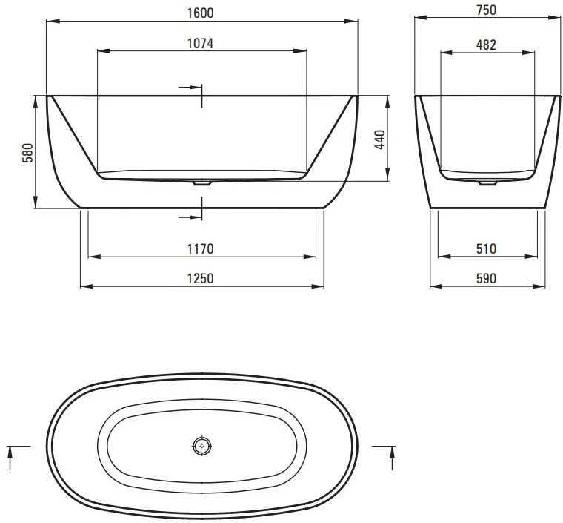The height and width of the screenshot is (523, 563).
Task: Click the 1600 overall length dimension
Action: coord(200,13)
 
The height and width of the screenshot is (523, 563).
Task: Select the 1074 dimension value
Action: coord(200,44)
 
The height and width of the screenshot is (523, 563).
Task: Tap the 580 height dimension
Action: coord(27,152)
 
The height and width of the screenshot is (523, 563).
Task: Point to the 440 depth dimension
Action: coord(379,139)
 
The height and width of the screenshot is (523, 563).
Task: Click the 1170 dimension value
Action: coord(200,249)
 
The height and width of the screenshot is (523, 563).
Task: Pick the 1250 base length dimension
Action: coord(200,278)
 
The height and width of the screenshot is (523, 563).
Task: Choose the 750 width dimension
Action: coord(487,10)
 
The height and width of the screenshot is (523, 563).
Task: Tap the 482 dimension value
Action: coord(487,45)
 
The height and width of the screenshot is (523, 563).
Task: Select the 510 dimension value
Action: coord(487,249)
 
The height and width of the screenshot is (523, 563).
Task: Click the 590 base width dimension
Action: coord(487,278)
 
